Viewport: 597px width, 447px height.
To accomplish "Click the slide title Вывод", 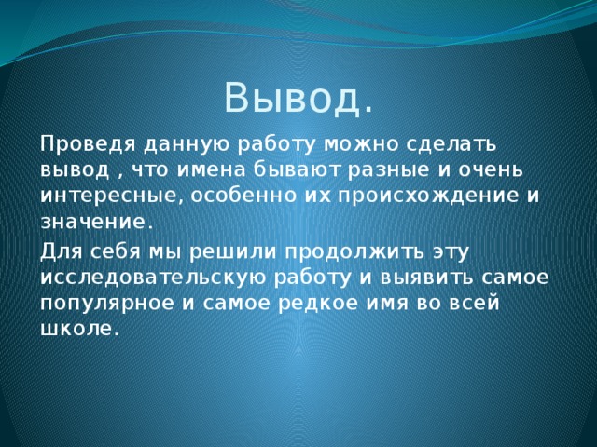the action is click(x=298, y=98).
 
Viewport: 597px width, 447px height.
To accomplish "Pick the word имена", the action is click(x=211, y=170).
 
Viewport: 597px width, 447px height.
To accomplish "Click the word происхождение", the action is click(x=428, y=196).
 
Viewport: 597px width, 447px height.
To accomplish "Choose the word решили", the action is click(x=232, y=252).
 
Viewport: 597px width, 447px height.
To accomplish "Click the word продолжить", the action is click(x=354, y=252).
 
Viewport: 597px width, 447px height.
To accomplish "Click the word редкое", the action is click(x=318, y=304).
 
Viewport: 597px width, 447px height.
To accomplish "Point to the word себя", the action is click(x=116, y=251).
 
